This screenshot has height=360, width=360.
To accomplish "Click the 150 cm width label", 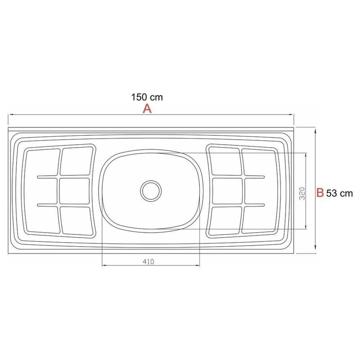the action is [x=147, y=97].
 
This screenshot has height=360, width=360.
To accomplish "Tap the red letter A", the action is [x=147, y=108].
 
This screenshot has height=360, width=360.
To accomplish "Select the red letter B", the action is [x=320, y=193].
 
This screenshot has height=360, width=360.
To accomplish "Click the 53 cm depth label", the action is [x=339, y=193].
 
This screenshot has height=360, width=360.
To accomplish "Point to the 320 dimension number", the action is [x=302, y=193].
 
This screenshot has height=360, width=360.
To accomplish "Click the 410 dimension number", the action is [x=148, y=261].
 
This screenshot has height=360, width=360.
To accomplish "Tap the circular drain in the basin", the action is [x=151, y=190].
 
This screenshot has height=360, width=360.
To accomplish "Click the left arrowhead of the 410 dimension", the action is [x=104, y=265].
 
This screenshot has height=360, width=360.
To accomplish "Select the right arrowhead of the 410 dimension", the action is [x=198, y=265].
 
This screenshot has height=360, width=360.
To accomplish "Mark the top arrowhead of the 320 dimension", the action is [x=306, y=155].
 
